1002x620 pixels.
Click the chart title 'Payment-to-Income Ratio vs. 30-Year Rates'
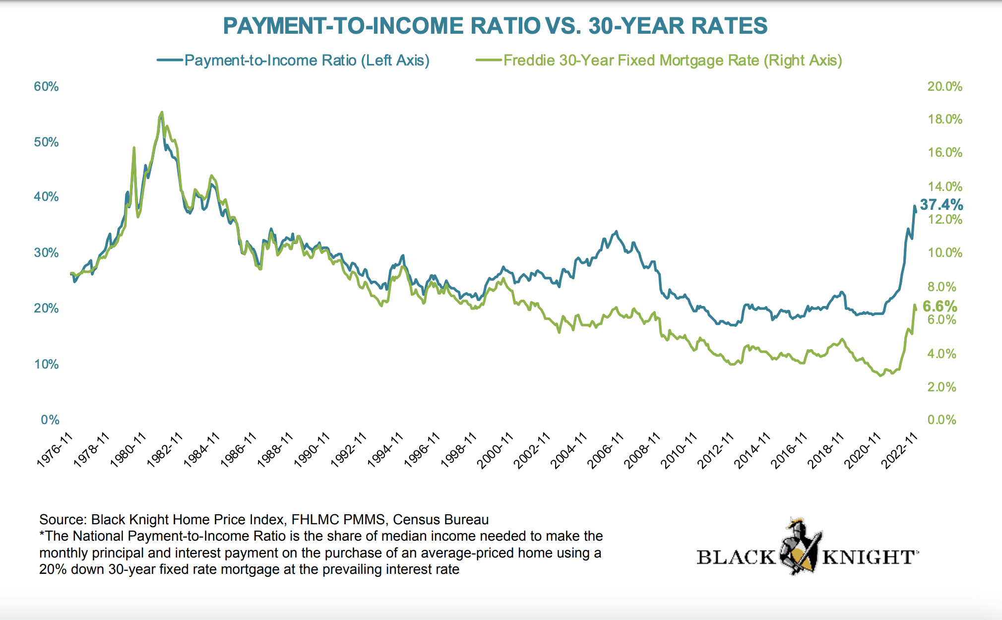coord(495,26)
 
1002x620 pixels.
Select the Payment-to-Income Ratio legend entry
coord(306,61)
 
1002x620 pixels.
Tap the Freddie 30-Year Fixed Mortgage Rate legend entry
coord(672,61)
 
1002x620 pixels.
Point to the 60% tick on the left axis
coord(46,87)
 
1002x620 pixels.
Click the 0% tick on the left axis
coord(50,420)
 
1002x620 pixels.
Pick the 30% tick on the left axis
coord(46,253)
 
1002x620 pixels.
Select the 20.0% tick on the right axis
coord(944,87)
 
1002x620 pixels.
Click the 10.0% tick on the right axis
coord(944,253)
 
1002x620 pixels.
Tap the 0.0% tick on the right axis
coord(941,420)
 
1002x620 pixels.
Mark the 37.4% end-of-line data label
coord(941,204)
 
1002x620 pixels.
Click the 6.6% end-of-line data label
coord(939,306)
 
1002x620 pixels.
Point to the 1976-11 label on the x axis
coord(55,450)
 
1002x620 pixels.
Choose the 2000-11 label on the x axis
coord(495,450)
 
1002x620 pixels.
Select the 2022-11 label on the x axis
coord(899,450)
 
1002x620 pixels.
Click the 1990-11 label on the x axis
coord(312,450)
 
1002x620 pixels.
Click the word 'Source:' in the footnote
coord(63,519)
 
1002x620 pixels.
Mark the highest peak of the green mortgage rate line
coord(162,112)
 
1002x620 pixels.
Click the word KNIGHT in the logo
coord(868,558)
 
